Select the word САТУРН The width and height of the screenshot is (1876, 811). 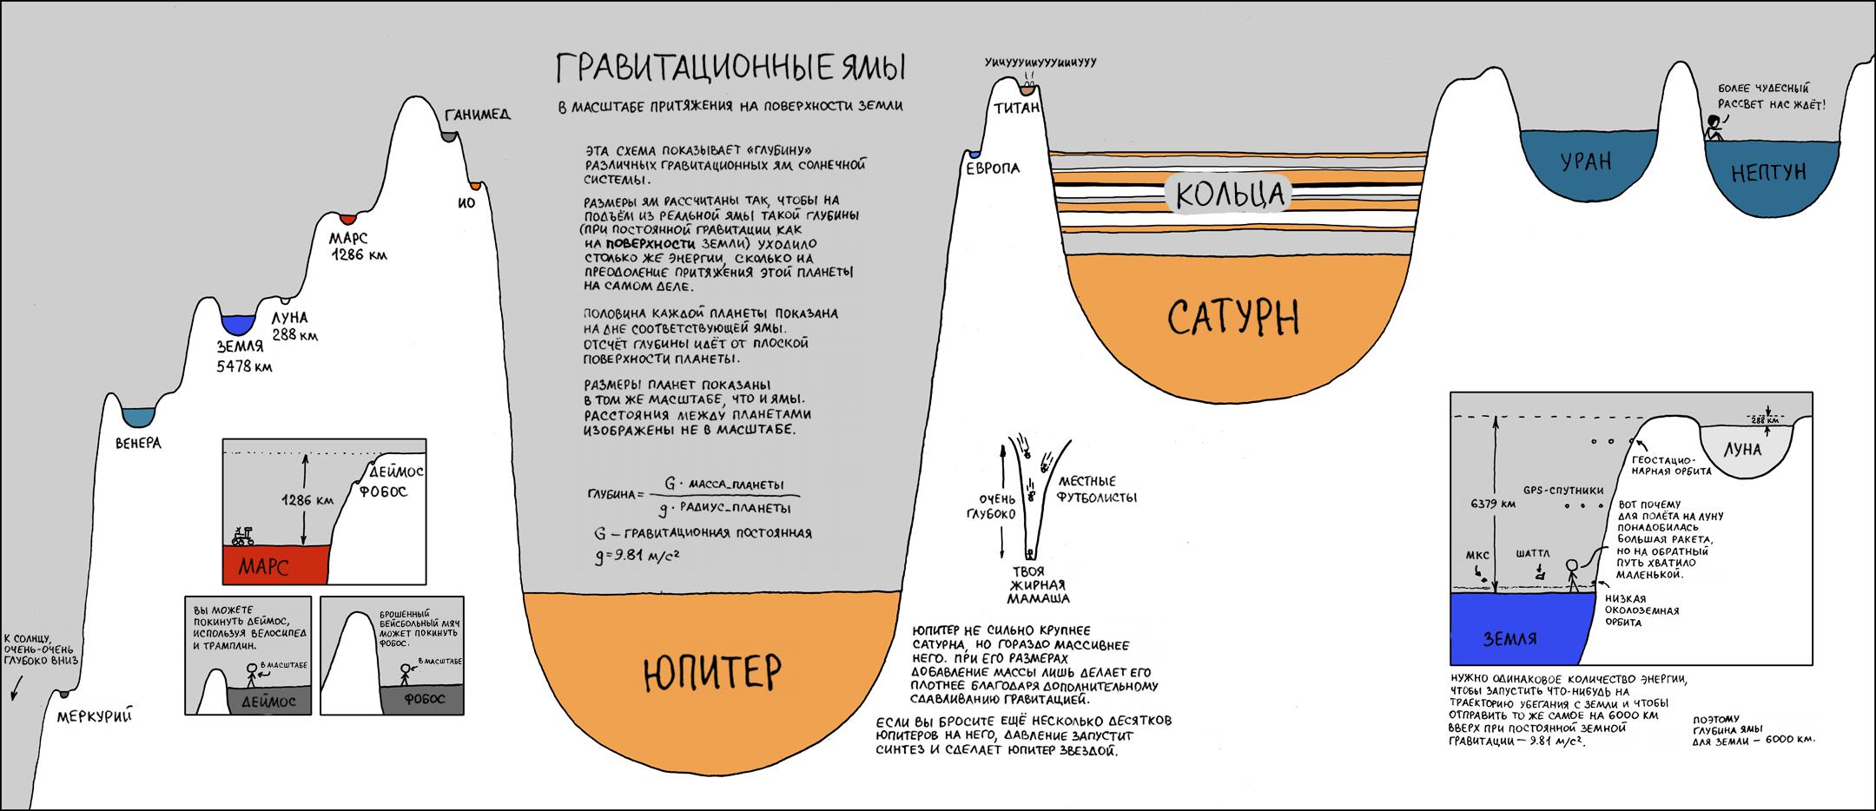[x=1233, y=318]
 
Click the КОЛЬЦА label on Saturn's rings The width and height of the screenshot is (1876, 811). [x=1229, y=194]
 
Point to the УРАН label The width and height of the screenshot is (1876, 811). [x=1585, y=162]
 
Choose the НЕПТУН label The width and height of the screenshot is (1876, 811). [x=1767, y=172]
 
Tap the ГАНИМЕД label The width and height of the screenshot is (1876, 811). [x=477, y=115]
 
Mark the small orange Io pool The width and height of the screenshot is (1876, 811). [x=474, y=186]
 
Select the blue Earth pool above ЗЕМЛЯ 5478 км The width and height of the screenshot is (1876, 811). [x=237, y=324]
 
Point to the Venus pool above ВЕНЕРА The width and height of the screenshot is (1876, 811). [x=137, y=417]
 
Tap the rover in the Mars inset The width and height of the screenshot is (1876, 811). [x=243, y=535]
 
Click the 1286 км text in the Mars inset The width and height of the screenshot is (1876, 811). [x=307, y=500]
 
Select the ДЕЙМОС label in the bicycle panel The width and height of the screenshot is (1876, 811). [x=268, y=701]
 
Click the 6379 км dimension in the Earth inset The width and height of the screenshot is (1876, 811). [x=1494, y=503]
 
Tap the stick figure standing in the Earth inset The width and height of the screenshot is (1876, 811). [x=1572, y=574]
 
